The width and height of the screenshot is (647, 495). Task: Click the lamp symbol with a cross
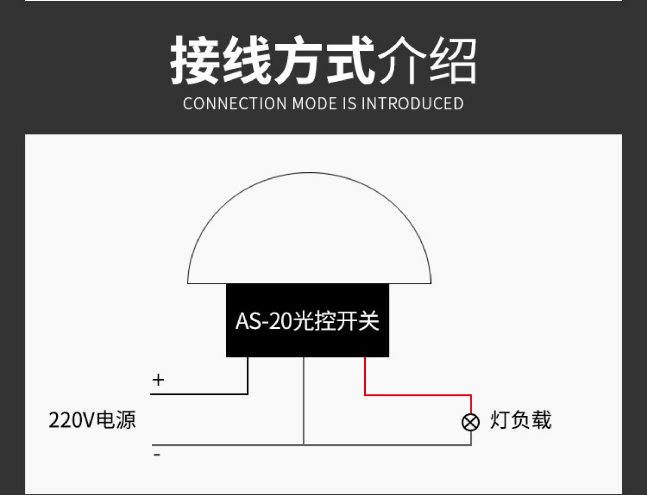point(471,423)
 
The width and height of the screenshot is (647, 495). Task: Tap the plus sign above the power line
point(158,380)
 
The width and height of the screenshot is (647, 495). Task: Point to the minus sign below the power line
point(157,455)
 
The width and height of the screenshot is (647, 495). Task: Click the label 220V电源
point(92,420)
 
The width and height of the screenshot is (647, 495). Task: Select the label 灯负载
point(521,420)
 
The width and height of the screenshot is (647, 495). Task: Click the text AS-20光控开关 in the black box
point(307,321)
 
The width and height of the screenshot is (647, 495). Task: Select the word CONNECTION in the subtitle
point(235,104)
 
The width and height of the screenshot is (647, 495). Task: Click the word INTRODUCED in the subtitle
point(412,104)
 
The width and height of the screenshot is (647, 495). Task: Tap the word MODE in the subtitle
point(314,104)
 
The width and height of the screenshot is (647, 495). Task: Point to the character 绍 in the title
point(453,60)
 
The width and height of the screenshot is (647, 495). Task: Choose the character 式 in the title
point(350,60)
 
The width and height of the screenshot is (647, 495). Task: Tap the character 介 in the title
point(402,60)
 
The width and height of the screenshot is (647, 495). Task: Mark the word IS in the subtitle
point(349,104)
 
